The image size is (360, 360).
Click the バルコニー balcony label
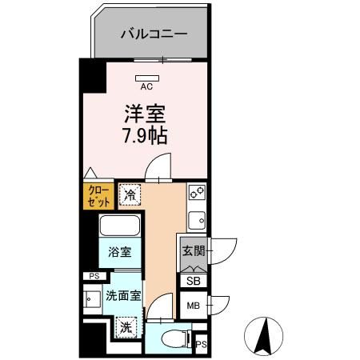pyautogui.click(x=154, y=34)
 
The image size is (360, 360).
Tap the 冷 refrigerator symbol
pyautogui.click(x=129, y=194)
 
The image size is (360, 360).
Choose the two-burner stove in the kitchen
pyautogui.click(x=197, y=193)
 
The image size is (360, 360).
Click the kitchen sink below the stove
pyautogui.click(x=197, y=218)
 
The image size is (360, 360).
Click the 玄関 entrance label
pyautogui.click(x=193, y=250)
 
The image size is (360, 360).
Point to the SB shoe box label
pyautogui.click(x=193, y=281)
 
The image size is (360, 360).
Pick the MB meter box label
pyautogui.click(x=193, y=306)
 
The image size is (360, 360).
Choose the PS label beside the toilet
pyautogui.click(x=200, y=345)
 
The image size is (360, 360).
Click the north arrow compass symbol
pyautogui.click(x=264, y=335)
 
